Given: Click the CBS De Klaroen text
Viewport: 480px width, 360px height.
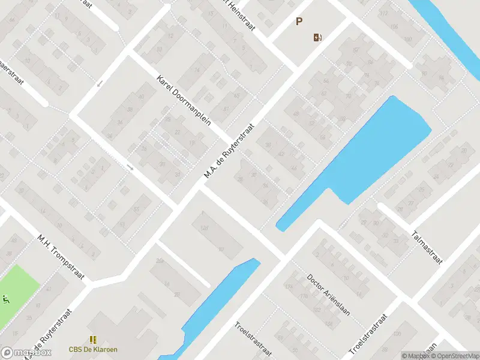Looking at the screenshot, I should [x=93, y=349].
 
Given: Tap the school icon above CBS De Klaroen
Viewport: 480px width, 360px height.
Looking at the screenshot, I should [x=93, y=340].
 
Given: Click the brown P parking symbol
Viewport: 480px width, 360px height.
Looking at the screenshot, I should [x=299, y=22].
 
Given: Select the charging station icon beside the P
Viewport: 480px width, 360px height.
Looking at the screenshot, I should [x=317, y=38].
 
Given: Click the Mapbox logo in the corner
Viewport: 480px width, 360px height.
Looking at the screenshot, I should [x=26, y=352].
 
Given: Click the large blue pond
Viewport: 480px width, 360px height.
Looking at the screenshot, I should [x=372, y=150].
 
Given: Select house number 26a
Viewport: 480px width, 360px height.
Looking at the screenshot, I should [x=160, y=261].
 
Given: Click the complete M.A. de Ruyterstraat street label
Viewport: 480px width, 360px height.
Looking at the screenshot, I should [x=229, y=151].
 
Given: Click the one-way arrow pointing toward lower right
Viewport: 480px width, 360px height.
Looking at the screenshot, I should [x=130, y=168].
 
